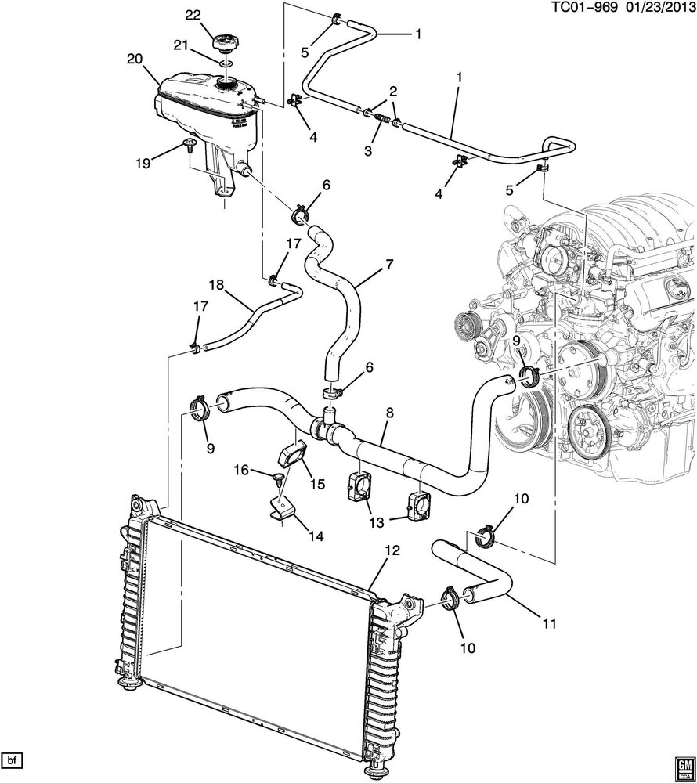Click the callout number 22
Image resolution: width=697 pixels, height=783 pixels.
click(x=192, y=15)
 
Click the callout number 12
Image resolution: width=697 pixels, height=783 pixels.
click(x=392, y=550)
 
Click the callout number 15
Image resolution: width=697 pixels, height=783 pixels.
click(x=318, y=485)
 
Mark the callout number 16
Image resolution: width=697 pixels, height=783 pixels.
click(x=241, y=469)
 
